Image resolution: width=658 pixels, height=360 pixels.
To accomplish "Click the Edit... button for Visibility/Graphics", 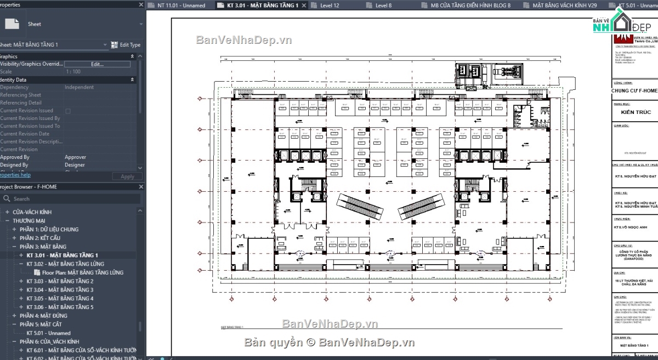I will [97, 64].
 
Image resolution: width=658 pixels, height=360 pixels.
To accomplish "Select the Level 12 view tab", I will [330, 5].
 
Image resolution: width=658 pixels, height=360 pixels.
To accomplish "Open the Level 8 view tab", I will [383, 5].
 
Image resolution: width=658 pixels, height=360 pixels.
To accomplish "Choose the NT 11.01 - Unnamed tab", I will [180, 5].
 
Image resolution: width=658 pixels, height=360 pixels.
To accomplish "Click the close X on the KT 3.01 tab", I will [304, 5].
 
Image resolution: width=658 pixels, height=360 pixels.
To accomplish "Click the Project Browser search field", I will [71, 199].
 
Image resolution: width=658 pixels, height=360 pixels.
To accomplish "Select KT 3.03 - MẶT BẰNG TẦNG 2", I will [60, 281].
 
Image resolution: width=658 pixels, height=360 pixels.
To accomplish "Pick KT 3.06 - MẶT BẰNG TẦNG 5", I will [60, 307].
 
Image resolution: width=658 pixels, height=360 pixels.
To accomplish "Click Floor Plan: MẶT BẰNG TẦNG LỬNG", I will [82, 272].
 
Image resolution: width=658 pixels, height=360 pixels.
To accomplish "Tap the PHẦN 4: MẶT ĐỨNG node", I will [43, 316].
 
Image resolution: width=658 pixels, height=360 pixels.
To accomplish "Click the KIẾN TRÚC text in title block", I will [636, 112].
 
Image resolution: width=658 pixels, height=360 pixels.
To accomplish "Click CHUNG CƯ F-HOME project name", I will [634, 90].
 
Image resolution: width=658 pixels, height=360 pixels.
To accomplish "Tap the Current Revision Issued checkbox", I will [68, 111].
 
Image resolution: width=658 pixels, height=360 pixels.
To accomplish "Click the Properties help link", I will [15, 175].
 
